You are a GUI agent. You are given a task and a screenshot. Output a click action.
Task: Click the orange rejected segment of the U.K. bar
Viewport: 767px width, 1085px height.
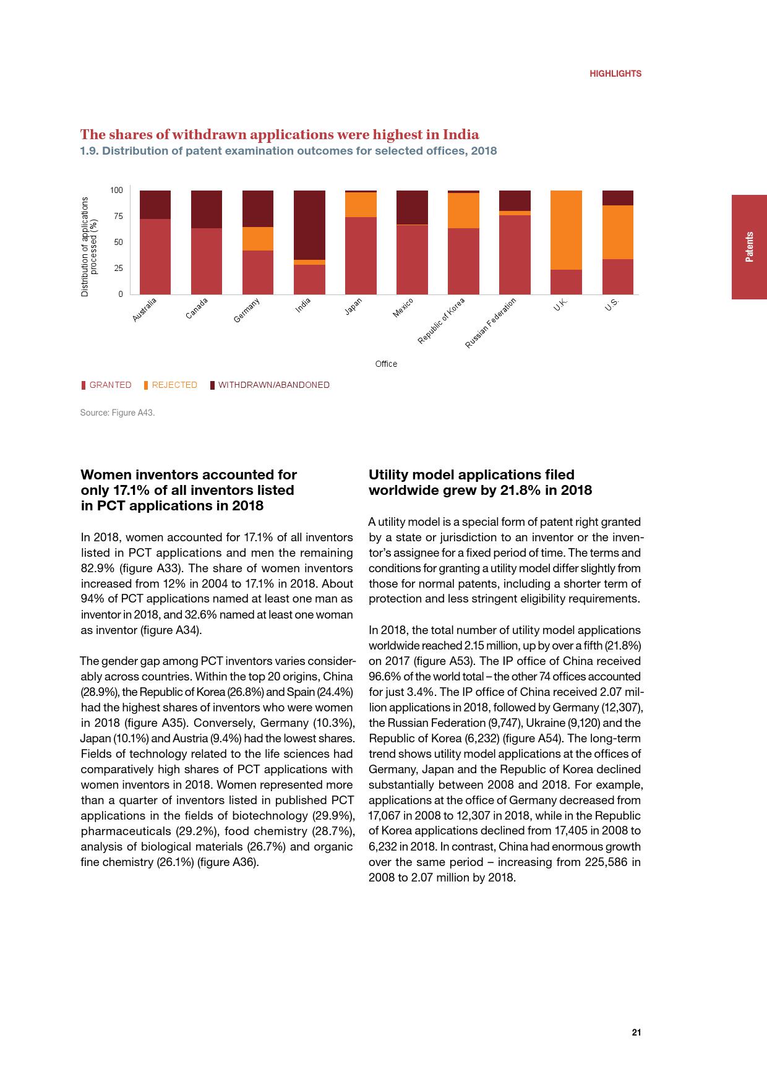tap(566, 230)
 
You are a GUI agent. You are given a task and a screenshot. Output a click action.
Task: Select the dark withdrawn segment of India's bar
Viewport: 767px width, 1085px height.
tap(309, 225)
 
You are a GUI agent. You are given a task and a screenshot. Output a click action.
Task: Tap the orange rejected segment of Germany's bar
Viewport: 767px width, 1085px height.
tap(258, 239)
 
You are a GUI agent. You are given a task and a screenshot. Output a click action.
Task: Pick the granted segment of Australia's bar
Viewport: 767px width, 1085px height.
tap(155, 256)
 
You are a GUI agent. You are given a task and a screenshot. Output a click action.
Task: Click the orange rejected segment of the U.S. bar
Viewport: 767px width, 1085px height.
tap(617, 232)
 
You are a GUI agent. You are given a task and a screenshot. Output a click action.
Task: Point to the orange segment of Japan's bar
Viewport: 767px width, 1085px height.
tap(361, 205)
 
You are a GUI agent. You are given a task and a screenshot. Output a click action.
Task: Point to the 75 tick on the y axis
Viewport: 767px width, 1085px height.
tap(117, 217)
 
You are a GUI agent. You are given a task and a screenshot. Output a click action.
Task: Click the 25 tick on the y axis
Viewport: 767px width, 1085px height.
tap(117, 268)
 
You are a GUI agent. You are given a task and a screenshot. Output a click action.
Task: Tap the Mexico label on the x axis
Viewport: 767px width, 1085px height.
tap(403, 308)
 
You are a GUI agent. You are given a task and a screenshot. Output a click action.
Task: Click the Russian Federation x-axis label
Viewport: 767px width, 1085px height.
tap(491, 323)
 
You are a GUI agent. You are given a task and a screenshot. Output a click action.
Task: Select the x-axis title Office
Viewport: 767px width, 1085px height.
tap(386, 364)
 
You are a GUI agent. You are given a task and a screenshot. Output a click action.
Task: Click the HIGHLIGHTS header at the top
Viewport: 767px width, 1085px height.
tap(615, 73)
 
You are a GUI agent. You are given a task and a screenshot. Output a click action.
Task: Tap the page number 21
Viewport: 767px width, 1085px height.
tap(636, 1032)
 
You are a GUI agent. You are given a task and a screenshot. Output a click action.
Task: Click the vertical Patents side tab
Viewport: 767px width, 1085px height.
tap(749, 247)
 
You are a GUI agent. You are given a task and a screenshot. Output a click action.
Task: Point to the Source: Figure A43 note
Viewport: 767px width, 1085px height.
tap(118, 413)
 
